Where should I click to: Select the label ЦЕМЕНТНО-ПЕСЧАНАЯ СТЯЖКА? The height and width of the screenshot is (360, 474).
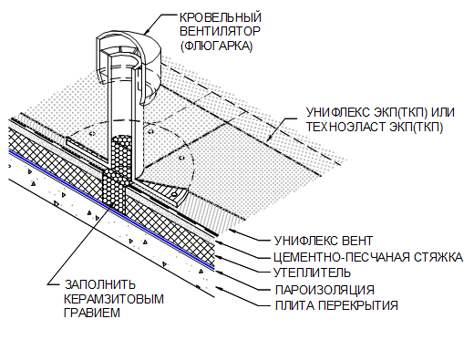pyautogui.click(x=365, y=258)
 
